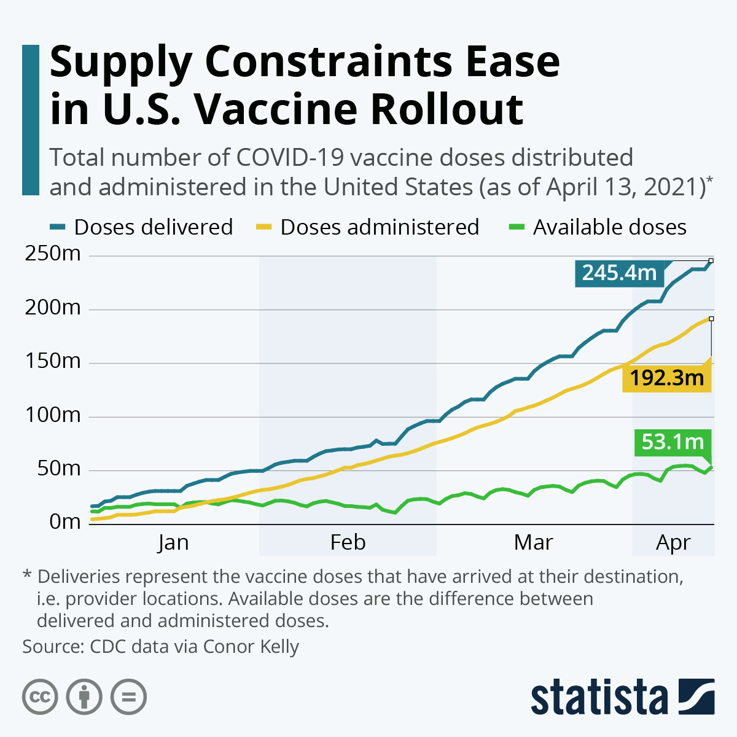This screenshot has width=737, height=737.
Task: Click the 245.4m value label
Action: point(619,273)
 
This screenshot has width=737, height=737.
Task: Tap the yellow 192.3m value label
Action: point(666,378)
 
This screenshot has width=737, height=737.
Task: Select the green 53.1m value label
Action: point(673,442)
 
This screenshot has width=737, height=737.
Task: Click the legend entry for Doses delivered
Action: point(141,227)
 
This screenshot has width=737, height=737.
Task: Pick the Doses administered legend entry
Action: point(367,227)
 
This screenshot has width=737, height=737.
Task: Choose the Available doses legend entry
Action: point(598,227)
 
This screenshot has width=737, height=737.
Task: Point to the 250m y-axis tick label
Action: point(53,254)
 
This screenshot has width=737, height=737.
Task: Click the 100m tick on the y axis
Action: point(53,415)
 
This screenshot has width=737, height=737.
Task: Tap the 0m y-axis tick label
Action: point(64,522)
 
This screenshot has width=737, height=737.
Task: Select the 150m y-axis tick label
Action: point(53,361)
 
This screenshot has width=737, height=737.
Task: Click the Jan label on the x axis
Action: point(173,543)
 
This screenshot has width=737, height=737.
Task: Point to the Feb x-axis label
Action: point(348,543)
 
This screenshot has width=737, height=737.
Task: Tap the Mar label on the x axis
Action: point(533,543)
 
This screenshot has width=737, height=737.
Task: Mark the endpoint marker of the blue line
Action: point(711,260)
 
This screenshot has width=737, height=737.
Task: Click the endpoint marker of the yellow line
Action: point(711,319)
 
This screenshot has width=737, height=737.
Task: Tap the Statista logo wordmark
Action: point(599,698)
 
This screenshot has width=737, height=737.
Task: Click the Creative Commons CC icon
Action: point(40,697)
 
